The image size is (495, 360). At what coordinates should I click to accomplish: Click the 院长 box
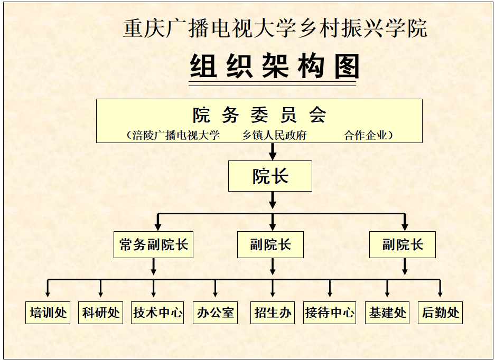point(270,176)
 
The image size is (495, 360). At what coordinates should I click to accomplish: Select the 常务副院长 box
point(153,244)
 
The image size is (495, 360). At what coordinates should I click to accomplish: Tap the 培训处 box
point(48,312)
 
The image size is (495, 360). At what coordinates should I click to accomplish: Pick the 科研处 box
point(101,312)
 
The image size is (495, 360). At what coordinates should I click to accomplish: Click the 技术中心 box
point(157,312)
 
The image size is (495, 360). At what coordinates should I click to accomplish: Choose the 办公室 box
point(215,312)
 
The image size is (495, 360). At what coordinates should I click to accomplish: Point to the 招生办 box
point(273,312)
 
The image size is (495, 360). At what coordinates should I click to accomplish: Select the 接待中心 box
point(330,312)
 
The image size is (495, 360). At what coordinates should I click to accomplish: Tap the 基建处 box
point(387,312)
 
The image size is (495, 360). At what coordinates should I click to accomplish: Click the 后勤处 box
point(440,312)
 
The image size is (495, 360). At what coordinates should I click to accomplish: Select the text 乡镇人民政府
point(275,135)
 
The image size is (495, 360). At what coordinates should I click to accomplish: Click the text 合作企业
point(366,135)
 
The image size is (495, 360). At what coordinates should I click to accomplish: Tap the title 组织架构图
point(274,67)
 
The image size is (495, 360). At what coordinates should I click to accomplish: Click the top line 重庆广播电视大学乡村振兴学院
point(275,29)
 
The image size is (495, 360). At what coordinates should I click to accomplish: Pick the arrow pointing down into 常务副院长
point(157,223)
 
